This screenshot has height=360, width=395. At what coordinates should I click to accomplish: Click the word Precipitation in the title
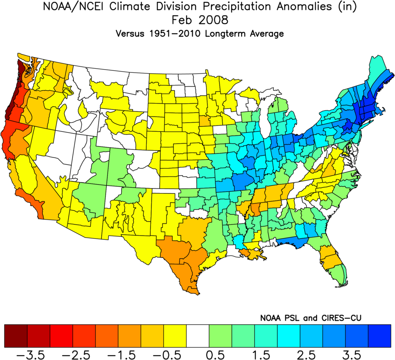(x=232, y=7)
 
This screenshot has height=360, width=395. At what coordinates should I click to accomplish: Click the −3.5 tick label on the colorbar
(x=39, y=353)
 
